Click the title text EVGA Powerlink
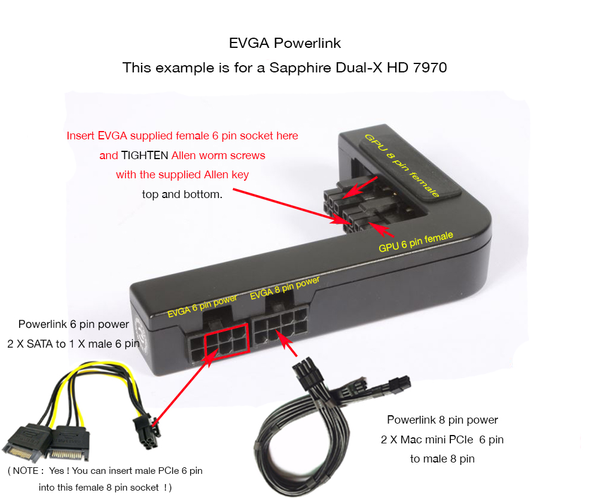(x=285, y=43)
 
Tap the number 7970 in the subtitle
(x=430, y=68)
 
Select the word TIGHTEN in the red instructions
(x=145, y=156)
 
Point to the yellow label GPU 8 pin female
(x=402, y=165)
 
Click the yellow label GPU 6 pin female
(x=416, y=242)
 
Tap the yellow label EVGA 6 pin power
(x=202, y=306)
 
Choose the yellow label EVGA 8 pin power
(x=285, y=288)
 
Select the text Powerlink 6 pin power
(x=74, y=324)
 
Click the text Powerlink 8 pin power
(x=443, y=420)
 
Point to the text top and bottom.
(x=182, y=194)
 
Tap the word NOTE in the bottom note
(x=26, y=471)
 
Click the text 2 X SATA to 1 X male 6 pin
(x=73, y=344)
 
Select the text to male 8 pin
(x=443, y=459)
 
